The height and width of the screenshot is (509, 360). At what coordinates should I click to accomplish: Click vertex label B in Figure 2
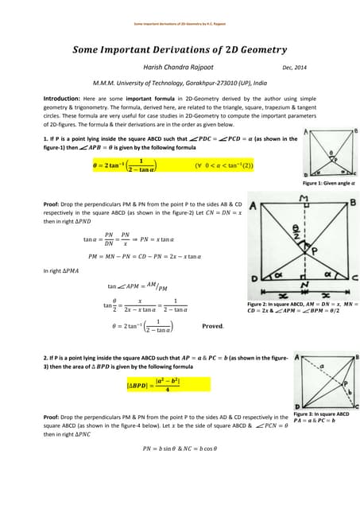click(351, 205)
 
